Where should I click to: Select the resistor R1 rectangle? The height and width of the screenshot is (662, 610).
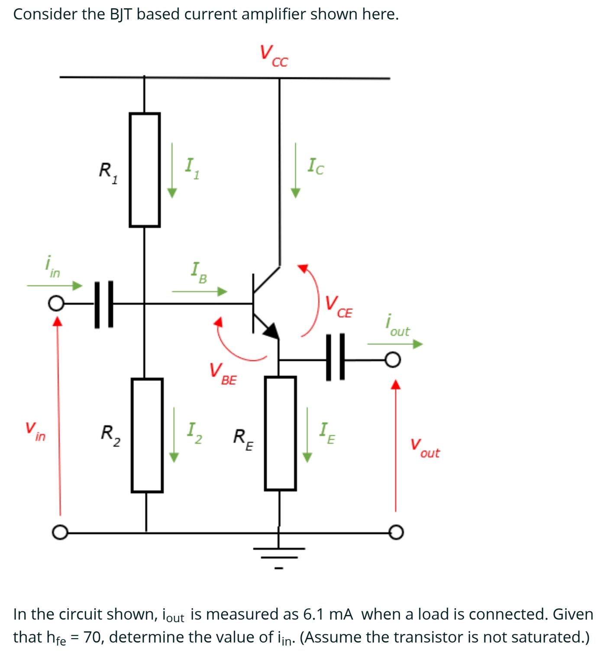point(145,170)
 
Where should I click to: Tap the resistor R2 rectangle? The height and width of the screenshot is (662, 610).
point(147,435)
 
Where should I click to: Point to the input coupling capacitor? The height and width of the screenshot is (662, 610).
point(104,304)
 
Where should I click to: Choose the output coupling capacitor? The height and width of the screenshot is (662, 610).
point(335,357)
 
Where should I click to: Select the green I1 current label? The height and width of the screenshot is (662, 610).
point(192,168)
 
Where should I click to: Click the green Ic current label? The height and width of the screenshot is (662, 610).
point(316,166)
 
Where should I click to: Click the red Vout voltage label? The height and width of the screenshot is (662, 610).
point(425,448)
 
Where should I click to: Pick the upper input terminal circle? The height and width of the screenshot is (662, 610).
point(55,304)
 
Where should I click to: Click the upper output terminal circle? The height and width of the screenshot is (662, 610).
point(393,360)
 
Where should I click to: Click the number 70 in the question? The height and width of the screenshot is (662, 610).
point(93,637)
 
